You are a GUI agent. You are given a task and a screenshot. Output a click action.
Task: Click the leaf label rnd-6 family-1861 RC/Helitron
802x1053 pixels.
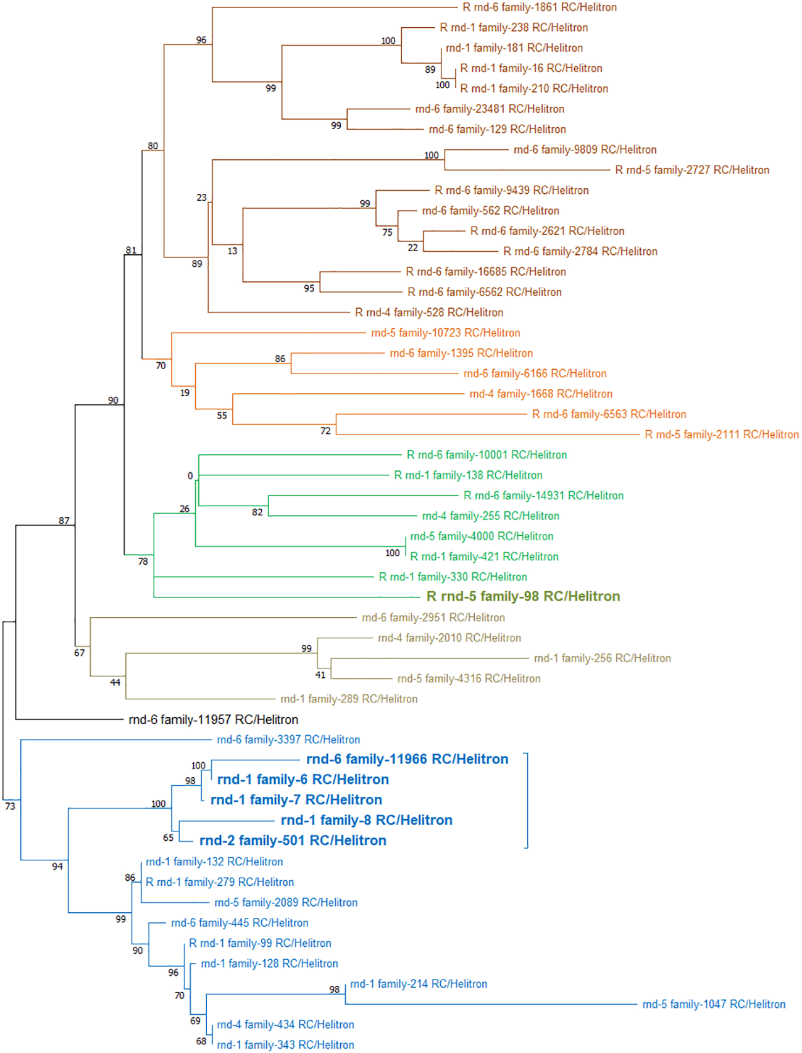pyautogui.click(x=540, y=7)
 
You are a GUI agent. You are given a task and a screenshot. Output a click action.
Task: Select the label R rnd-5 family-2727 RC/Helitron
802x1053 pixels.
pyautogui.click(x=692, y=170)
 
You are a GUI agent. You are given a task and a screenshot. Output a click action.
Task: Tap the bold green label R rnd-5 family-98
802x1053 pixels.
pyautogui.click(x=523, y=597)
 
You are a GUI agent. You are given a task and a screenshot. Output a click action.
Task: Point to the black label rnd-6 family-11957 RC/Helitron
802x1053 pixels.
pyautogui.click(x=213, y=720)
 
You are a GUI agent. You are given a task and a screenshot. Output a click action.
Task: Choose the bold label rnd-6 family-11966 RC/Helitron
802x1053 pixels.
pyautogui.click(x=407, y=759)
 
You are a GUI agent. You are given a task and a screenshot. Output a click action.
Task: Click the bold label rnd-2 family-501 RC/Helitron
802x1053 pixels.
pyautogui.click(x=293, y=841)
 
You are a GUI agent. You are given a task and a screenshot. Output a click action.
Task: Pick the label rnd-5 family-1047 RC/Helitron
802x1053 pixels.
pyautogui.click(x=714, y=1005)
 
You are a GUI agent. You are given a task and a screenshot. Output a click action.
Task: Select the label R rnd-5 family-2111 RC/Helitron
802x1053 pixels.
pyautogui.click(x=722, y=435)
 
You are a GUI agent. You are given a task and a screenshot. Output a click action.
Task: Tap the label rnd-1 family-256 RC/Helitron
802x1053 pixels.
pyautogui.click(x=602, y=659)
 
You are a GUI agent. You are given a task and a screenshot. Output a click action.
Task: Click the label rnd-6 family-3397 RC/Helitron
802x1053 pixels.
pyautogui.click(x=288, y=740)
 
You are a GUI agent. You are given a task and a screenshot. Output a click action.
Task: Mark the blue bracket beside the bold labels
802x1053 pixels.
pyautogui.click(x=527, y=801)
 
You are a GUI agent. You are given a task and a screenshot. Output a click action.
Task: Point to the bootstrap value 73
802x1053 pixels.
pyautogui.click(x=10, y=806)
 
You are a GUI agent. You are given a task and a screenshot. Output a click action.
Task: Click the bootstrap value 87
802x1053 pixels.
pyautogui.click(x=64, y=521)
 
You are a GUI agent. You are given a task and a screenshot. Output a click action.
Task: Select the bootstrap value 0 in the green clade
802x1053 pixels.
pyautogui.click(x=190, y=477)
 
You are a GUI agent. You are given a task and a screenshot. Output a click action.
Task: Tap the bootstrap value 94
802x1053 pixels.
pyautogui.click(x=57, y=867)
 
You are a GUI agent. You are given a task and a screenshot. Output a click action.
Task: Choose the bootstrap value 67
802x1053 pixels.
pyautogui.click(x=80, y=653)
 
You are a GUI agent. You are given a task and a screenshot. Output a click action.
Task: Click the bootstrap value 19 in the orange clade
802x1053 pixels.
pyautogui.click(x=185, y=393)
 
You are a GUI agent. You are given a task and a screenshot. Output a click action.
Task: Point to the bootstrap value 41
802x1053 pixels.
pyautogui.click(x=320, y=675)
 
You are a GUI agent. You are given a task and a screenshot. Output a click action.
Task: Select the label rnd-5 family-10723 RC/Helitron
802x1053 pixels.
pyautogui.click(x=445, y=333)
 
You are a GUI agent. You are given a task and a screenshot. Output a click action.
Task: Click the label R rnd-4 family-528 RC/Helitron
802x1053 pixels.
pyautogui.click(x=429, y=313)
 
